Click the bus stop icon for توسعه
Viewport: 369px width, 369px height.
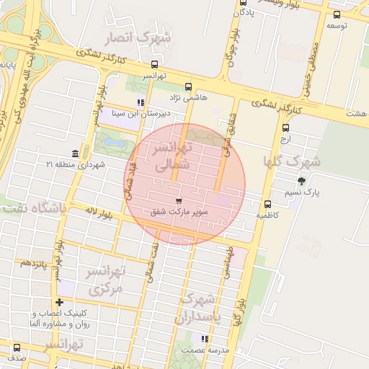pos(337,14)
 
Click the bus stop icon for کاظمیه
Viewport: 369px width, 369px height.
pos(268,204)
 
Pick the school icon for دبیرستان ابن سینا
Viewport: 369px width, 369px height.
pos(141,102)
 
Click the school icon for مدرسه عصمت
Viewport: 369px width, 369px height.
pos(205,338)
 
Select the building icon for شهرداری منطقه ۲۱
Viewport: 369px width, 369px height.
pos(76,153)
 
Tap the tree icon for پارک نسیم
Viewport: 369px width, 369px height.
pos(301,181)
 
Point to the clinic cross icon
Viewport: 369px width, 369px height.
pos(59,302)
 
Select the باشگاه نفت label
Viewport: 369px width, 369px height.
pos(33,209)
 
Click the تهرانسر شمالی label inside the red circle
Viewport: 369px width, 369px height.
pos(171,156)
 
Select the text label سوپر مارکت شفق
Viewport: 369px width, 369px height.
pos(178,213)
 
